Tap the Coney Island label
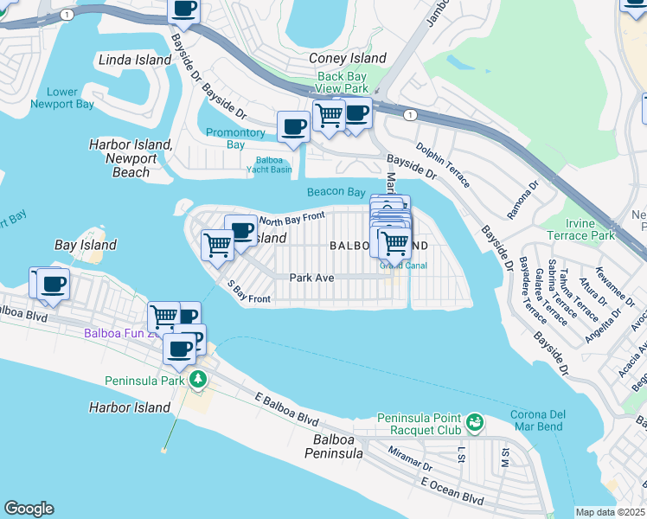348,58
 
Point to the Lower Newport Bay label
61,99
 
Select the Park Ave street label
311,278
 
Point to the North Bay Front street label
291,218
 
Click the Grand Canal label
398,266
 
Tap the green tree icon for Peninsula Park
198,380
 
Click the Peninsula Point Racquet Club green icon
473,423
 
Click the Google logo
29,509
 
